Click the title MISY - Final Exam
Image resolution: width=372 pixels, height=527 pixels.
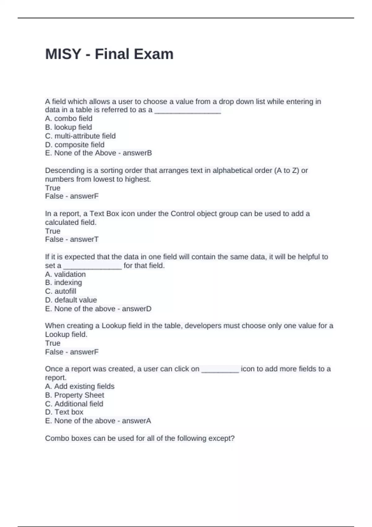click(109, 54)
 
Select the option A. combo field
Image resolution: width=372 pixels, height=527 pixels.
click(69, 118)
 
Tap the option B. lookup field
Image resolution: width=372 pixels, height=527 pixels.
click(69, 127)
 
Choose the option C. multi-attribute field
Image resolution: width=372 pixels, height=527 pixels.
click(80, 136)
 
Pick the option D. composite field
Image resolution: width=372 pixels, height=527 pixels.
click(75, 144)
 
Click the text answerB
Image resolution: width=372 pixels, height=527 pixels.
click(137, 153)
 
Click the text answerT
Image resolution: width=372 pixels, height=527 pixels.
click(84, 239)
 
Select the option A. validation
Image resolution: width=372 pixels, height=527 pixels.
click(65, 274)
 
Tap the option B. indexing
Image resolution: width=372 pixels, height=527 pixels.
click(64, 282)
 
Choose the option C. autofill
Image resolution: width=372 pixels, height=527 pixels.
click(60, 291)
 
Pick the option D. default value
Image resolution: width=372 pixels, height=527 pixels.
click(71, 300)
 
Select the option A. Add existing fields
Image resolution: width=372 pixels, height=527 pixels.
click(80, 386)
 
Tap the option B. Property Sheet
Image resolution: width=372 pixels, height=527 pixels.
click(74, 395)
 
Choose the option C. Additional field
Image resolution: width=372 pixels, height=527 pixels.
click(74, 404)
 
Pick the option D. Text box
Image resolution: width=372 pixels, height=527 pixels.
click(64, 412)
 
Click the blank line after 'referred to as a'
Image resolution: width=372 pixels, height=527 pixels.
click(188, 111)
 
